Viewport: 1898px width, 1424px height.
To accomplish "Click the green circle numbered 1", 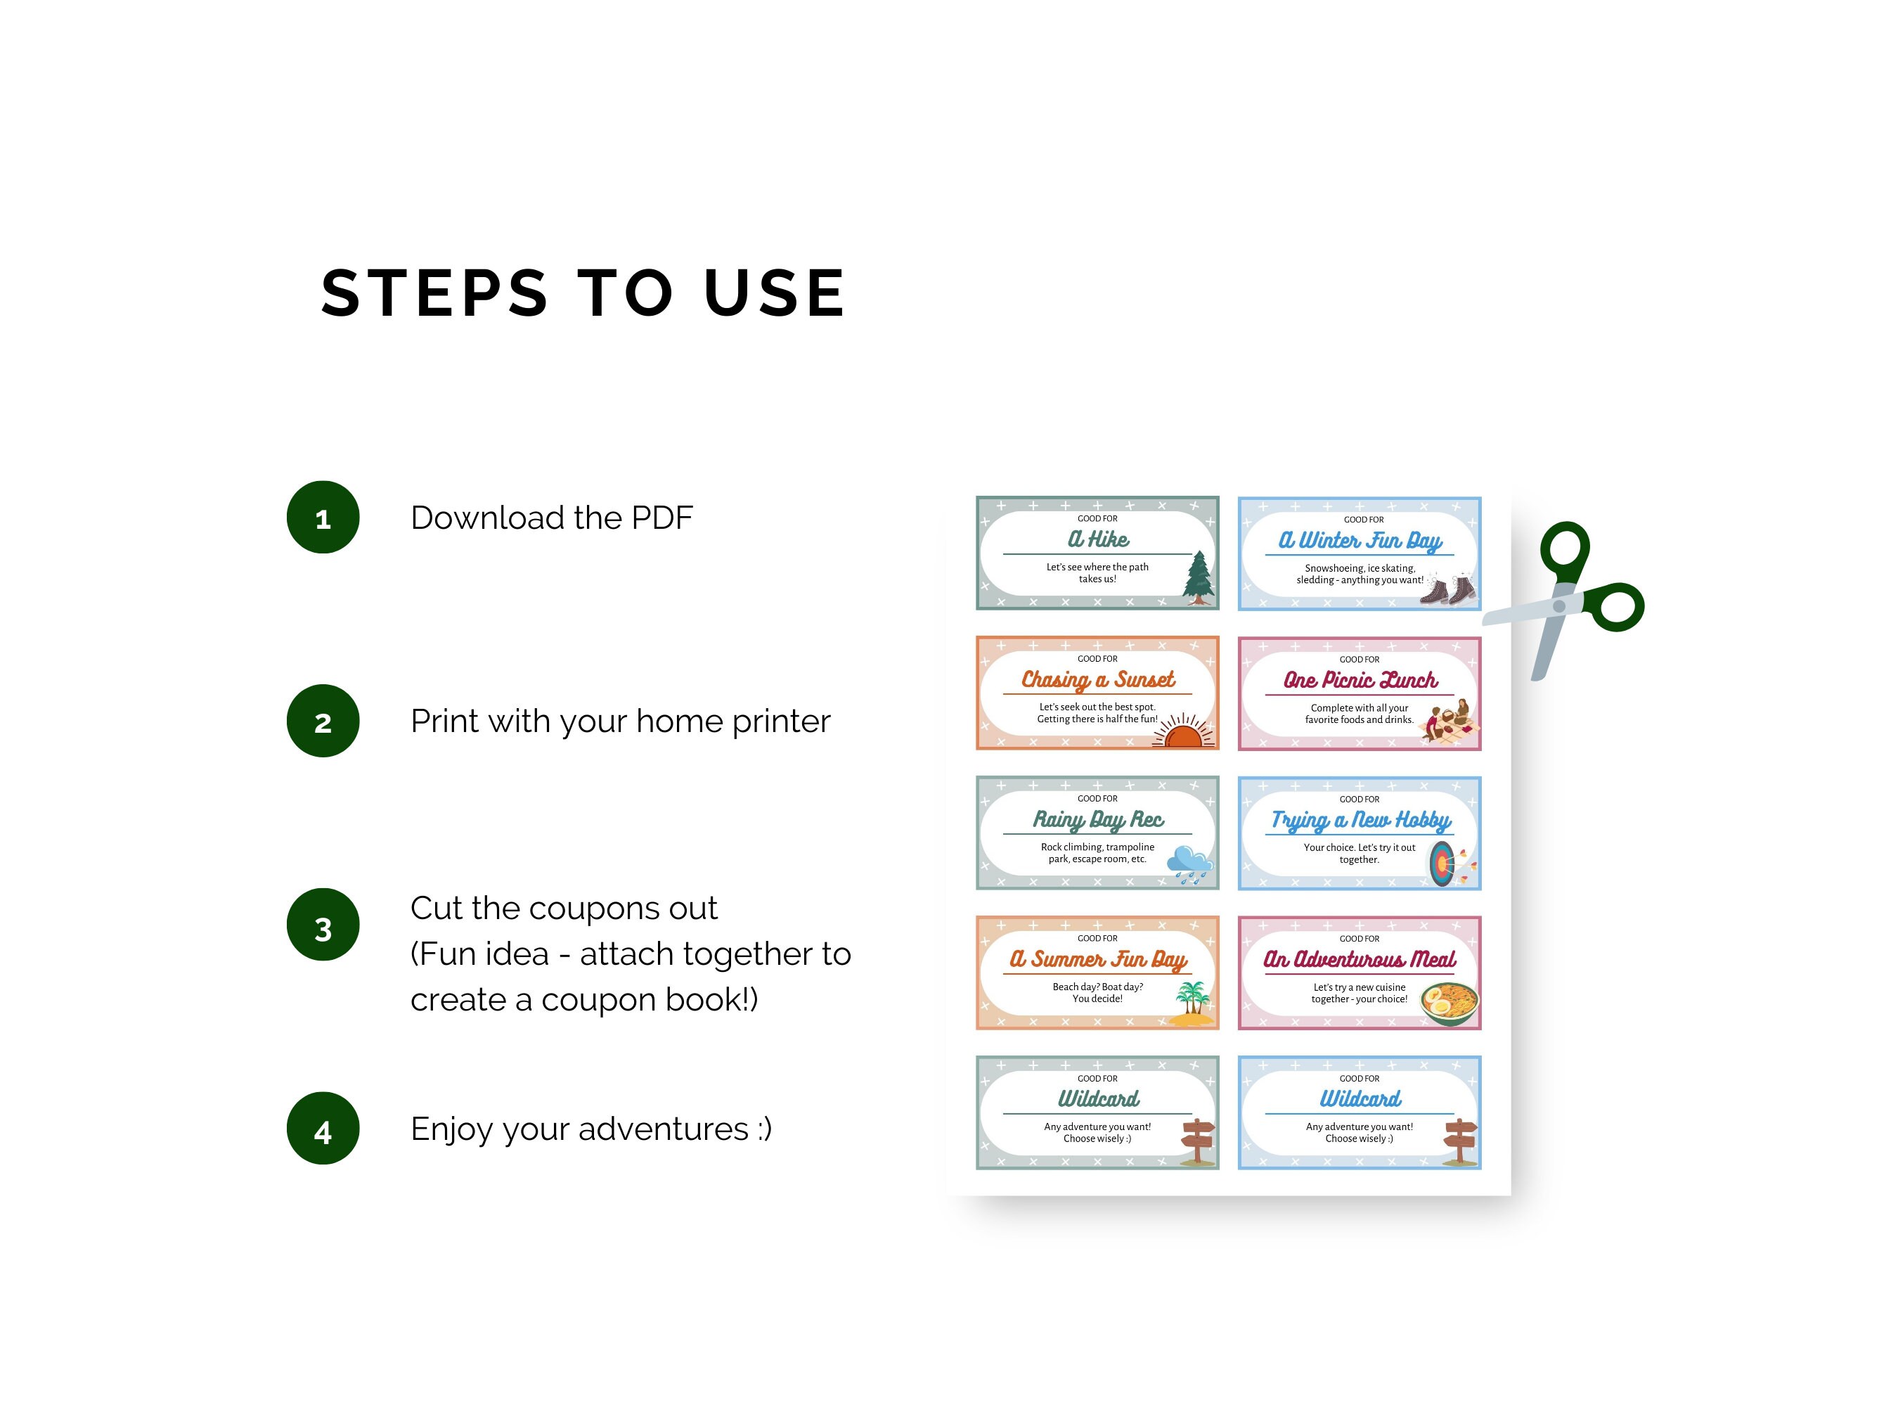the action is (x=323, y=517).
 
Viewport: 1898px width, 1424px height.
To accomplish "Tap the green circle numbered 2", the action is (x=323, y=721).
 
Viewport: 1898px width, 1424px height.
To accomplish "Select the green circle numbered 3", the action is (x=323, y=925).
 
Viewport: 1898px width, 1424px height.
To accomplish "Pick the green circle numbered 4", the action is (x=323, y=1128).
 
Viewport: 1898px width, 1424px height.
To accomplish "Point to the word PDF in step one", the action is (x=661, y=518).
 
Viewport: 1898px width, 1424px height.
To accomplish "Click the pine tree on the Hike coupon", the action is (x=1199, y=577).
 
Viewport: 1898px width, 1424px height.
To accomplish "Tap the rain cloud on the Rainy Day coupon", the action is (x=1190, y=864).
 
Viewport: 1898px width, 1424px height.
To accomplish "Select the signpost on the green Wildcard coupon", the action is (x=1198, y=1141).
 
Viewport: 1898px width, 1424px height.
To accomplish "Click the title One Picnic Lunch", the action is (x=1360, y=680).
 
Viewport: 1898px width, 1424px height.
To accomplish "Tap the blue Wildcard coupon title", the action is (x=1360, y=1098).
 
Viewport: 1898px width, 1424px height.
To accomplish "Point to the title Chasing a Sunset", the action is (x=1097, y=680).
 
